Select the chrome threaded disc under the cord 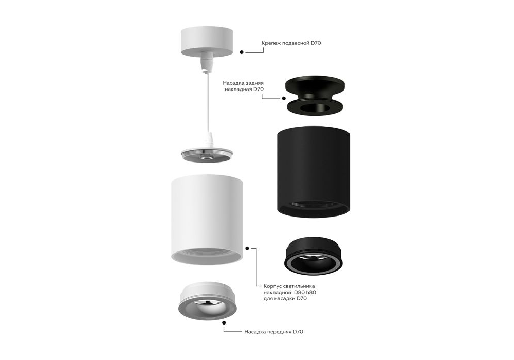[207, 155]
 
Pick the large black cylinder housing [313, 171]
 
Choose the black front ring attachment [314, 255]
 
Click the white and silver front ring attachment [208, 301]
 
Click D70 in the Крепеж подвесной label [316, 43]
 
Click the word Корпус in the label [272, 286]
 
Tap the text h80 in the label [311, 292]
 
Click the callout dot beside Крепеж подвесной [242, 52]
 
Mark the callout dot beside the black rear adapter [284, 98]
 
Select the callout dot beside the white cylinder [247, 249]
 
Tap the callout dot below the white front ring [224, 322]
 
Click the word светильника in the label [299, 286]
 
